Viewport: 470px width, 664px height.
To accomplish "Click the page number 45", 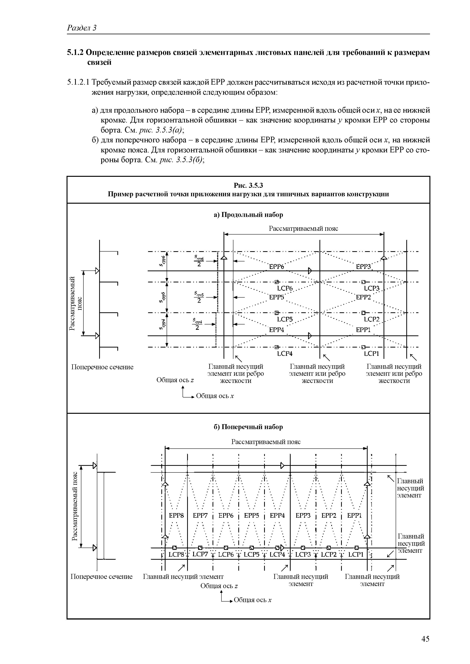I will point(425,639).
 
